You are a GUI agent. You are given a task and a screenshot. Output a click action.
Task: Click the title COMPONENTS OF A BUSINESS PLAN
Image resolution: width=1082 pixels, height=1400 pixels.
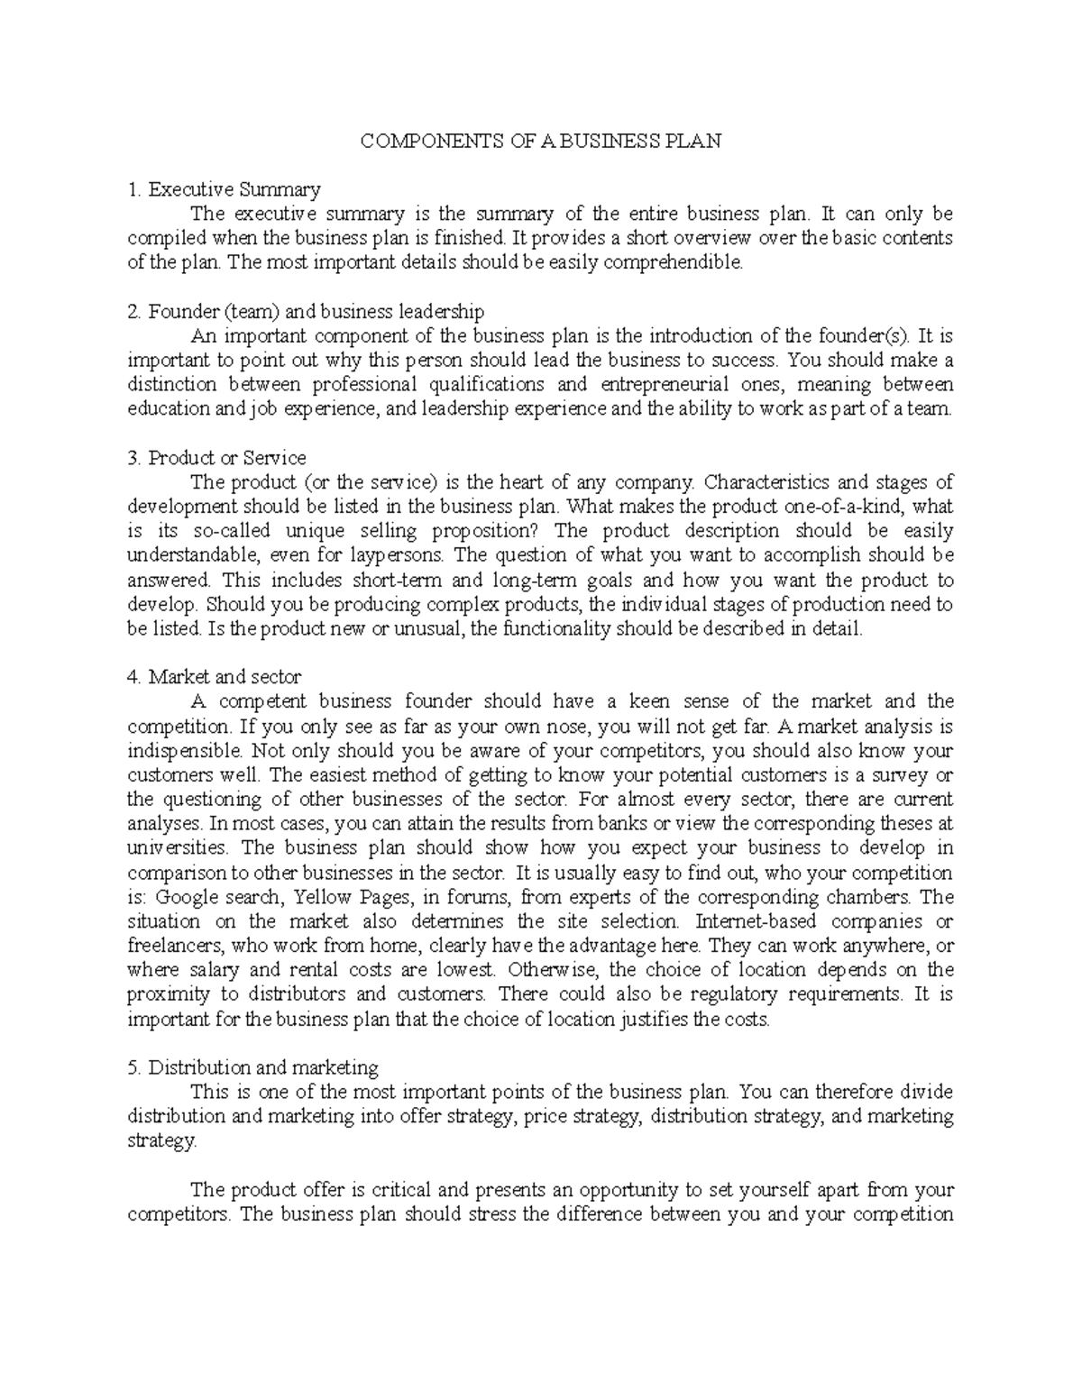pyautogui.click(x=541, y=142)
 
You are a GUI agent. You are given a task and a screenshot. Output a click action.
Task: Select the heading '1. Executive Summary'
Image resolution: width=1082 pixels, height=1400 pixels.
pyautogui.click(x=225, y=190)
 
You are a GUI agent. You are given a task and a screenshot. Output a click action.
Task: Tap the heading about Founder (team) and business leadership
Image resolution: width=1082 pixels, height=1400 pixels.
pyautogui.click(x=307, y=312)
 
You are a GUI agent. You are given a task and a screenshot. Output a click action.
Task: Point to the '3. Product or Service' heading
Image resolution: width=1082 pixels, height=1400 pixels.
pyautogui.click(x=217, y=458)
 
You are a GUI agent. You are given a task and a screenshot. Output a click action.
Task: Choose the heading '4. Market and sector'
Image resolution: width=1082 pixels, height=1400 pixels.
pyautogui.click(x=215, y=677)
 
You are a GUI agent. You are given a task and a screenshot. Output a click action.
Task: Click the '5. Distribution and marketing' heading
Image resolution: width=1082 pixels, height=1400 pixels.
pyautogui.click(x=253, y=1067)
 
